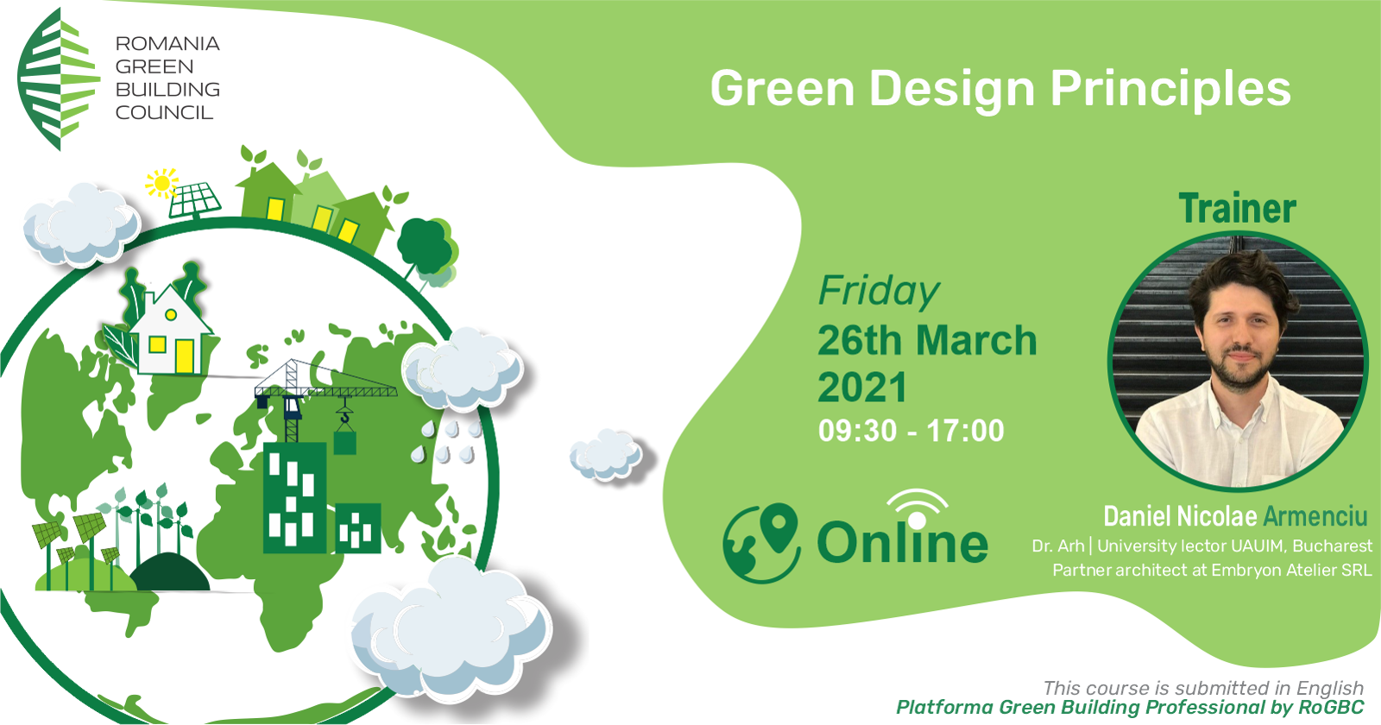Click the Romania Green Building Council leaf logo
coord(59,79)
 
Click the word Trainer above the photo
coord(1238,208)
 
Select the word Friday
coord(879,291)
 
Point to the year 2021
coord(862,388)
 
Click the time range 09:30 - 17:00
coord(911,431)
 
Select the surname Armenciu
coord(1315,517)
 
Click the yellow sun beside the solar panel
coord(161,183)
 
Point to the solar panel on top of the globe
coord(195,200)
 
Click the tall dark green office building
coord(294,497)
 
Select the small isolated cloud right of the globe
coord(606,455)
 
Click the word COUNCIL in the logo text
coord(164,113)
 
